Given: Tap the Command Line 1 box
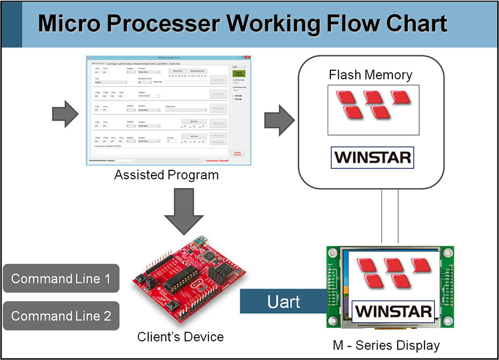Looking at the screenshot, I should coord(61,279).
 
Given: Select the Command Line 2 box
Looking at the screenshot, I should coord(61,316).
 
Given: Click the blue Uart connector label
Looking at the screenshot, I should coord(283,302).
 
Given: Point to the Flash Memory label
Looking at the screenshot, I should coord(370,75).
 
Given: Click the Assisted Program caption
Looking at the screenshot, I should coord(166,175).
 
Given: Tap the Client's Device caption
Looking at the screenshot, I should coord(180,336).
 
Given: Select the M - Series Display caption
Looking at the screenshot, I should coord(386,345).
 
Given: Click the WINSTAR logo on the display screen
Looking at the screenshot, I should coord(393,311).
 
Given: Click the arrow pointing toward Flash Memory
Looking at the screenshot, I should coord(278,118).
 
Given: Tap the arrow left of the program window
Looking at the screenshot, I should coord(65,114).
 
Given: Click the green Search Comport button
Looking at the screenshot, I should coord(238,74).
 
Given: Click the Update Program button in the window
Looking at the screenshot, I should coord(237,154).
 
